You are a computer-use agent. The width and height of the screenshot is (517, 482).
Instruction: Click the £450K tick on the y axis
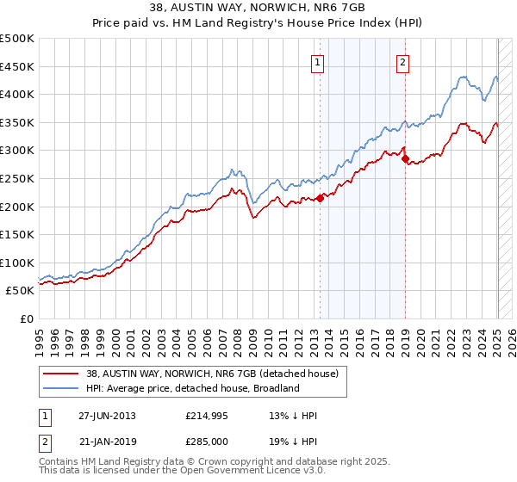[x=17, y=66]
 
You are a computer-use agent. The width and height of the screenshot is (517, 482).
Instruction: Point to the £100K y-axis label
[x=17, y=263]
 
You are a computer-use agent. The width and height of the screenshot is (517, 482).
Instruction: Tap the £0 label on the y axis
[x=27, y=318]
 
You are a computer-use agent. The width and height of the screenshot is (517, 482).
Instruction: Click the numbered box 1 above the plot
[x=318, y=62]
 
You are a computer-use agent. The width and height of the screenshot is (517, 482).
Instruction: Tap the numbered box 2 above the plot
[x=402, y=62]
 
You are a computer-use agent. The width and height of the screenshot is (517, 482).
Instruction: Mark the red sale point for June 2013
[x=320, y=198]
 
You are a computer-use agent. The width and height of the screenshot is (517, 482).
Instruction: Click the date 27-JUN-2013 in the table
[x=107, y=416]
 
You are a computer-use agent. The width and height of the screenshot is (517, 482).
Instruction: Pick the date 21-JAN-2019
[x=107, y=440]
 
